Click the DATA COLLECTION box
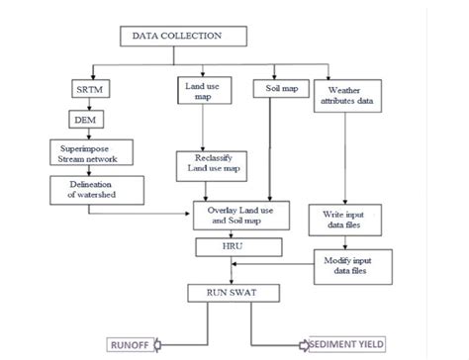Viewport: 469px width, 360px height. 184,37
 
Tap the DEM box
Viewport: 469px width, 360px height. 81,121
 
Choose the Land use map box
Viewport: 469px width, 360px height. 203,92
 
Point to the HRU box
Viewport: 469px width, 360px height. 234,242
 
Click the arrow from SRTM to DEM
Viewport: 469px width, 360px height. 81,106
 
